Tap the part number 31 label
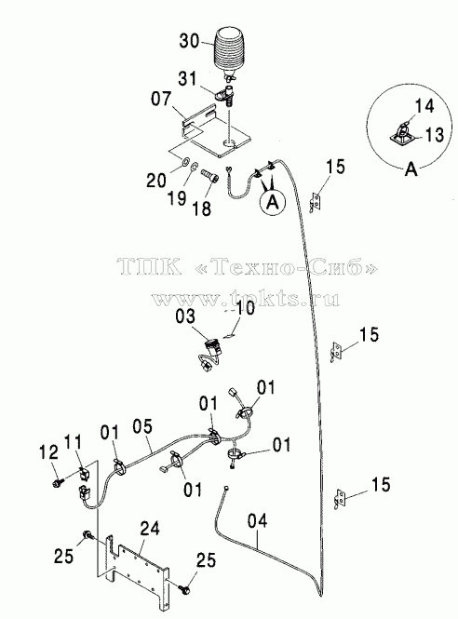tap(187, 78)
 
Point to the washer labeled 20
tap(184, 162)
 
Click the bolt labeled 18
tap(209, 175)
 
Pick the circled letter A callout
tap(272, 202)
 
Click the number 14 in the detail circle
tap(424, 107)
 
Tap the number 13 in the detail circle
tap(435, 135)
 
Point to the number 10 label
tap(245, 308)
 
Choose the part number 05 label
tap(142, 427)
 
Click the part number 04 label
tap(257, 520)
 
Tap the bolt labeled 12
tap(57, 482)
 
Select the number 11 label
tap(73, 442)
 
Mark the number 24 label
tap(149, 529)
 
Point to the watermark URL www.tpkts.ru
tap(245, 299)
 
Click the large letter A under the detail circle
tap(411, 169)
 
